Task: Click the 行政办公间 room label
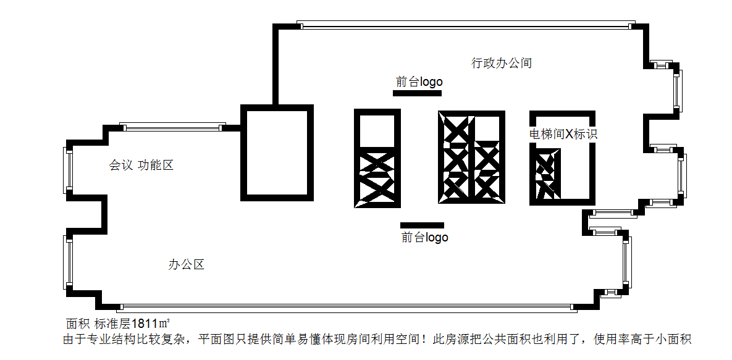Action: [502, 63]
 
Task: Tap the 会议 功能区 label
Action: [141, 165]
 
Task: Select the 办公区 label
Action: [187, 265]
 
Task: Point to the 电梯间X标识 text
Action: [563, 134]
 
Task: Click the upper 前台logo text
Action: [419, 82]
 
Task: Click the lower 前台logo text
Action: [424, 237]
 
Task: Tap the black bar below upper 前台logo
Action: [417, 93]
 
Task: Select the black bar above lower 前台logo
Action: [422, 225]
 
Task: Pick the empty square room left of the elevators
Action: [277, 153]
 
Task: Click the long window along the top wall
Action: [466, 25]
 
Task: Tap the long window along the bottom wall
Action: [346, 307]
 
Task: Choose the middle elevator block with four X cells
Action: [471, 158]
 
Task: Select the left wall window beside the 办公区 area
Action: [69, 262]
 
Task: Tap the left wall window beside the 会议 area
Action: [69, 170]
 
